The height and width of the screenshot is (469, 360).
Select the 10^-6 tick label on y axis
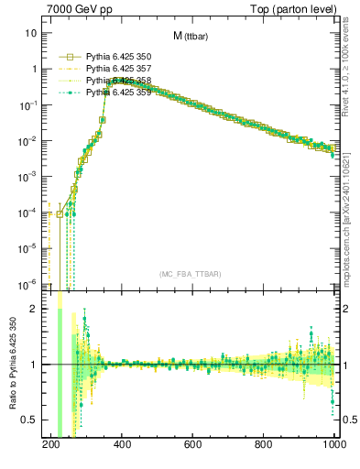pyautogui.click(x=27, y=283)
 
